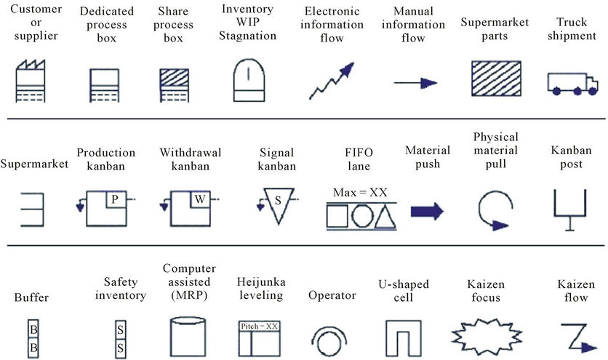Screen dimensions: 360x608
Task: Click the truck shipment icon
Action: click(570, 83)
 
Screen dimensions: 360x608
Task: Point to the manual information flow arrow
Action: click(416, 84)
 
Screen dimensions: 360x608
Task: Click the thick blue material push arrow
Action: click(427, 212)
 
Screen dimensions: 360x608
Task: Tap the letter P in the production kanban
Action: click(114, 199)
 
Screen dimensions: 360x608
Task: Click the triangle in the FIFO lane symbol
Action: click(385, 217)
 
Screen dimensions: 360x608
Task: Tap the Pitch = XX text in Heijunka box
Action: click(259, 326)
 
